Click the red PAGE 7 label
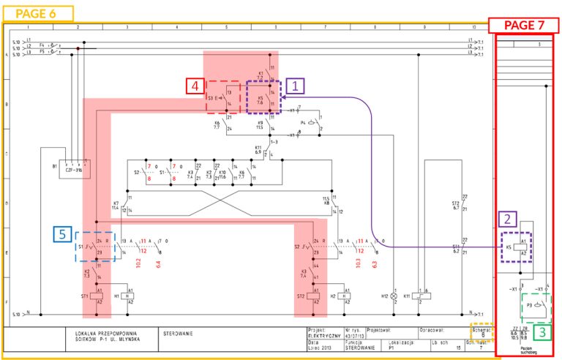pos(525,25)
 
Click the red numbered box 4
pos(195,87)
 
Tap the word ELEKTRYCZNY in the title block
pos(323,336)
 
